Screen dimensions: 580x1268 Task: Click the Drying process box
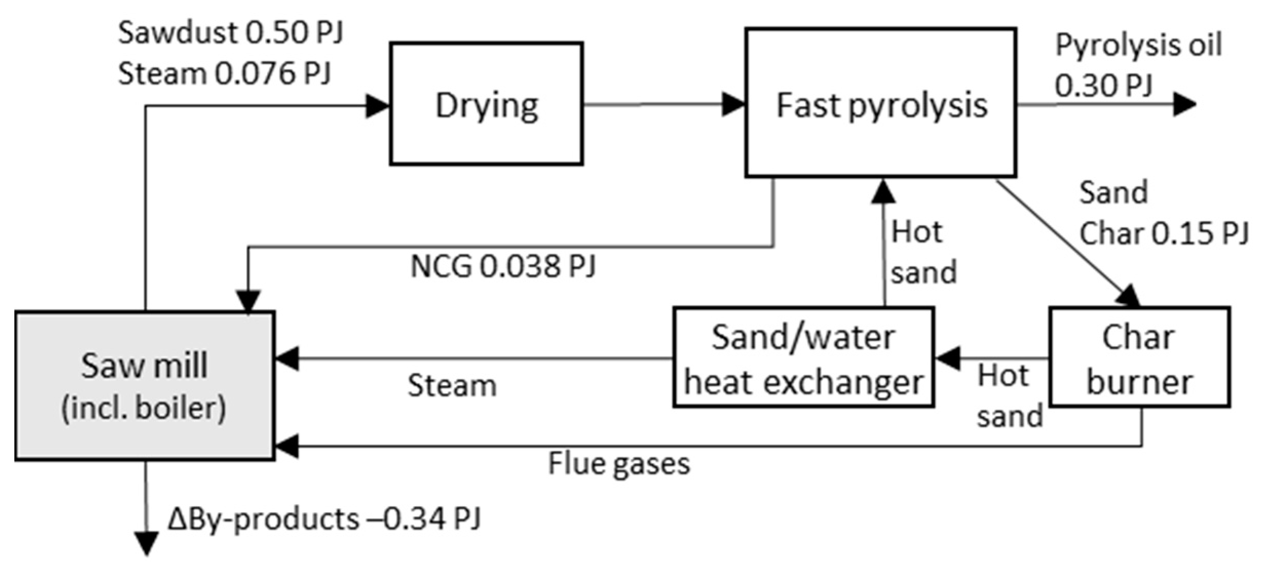[486, 104]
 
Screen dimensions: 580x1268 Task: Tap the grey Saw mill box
[144, 386]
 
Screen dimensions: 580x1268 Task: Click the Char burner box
[1139, 357]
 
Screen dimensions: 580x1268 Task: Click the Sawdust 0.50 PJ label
[230, 33]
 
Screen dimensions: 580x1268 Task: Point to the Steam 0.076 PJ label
[224, 73]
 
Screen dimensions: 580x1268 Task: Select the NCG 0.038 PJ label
[503, 267]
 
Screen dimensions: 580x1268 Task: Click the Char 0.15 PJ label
[1163, 233]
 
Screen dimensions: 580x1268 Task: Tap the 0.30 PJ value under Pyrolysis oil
[1104, 85]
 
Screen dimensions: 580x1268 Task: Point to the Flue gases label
[619, 463]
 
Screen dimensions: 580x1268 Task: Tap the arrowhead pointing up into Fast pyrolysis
[883, 191]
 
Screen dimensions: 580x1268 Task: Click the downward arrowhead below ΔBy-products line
[146, 544]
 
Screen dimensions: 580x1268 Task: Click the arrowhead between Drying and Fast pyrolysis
[733, 104]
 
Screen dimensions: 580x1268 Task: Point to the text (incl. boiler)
[144, 409]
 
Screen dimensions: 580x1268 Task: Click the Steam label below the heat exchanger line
[452, 385]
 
